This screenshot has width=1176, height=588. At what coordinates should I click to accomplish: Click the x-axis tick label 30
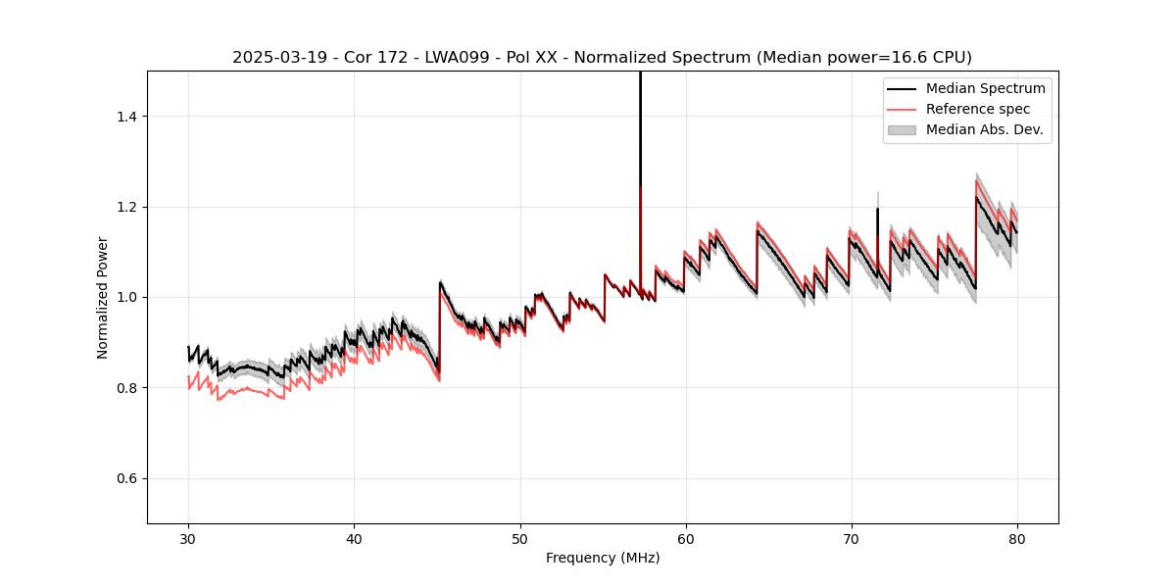pyautogui.click(x=188, y=539)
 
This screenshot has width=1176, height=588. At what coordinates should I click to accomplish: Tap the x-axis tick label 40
pyautogui.click(x=354, y=539)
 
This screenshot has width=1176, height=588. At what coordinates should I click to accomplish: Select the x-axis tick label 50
pyautogui.click(x=519, y=539)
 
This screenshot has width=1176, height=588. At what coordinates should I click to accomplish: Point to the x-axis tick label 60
pyautogui.click(x=685, y=539)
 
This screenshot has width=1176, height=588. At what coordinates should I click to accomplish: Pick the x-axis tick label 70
pyautogui.click(x=851, y=539)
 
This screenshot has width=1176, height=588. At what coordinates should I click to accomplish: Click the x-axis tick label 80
pyautogui.click(x=1016, y=539)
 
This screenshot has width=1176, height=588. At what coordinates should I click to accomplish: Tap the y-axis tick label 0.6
pyautogui.click(x=127, y=478)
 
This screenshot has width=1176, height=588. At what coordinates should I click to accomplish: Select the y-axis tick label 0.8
pyautogui.click(x=127, y=388)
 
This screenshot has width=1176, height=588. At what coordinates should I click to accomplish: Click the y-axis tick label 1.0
pyautogui.click(x=127, y=297)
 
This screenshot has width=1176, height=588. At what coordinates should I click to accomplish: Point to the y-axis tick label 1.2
pyautogui.click(x=127, y=207)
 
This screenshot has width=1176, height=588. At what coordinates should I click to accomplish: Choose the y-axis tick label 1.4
pyautogui.click(x=127, y=117)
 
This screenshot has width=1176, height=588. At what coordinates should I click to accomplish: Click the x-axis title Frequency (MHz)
pyautogui.click(x=603, y=559)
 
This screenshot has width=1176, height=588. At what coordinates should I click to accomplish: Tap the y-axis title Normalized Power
pyautogui.click(x=102, y=297)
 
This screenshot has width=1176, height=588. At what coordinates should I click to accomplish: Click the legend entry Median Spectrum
pyautogui.click(x=985, y=88)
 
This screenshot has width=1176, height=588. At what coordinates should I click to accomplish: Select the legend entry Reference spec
pyautogui.click(x=978, y=109)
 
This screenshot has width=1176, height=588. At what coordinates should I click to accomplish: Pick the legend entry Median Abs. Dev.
pyautogui.click(x=984, y=129)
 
